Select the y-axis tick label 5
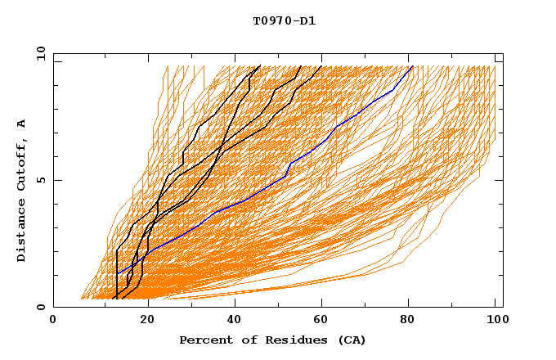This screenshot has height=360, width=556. pos(40,180)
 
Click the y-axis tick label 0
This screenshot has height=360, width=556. pos(40,307)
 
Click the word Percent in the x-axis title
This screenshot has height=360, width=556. pos(204,340)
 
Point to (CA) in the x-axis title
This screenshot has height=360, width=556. pos(351,340)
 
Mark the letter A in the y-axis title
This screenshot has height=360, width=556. pos(22,124)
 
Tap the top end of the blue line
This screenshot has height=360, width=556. pos(413,66)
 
